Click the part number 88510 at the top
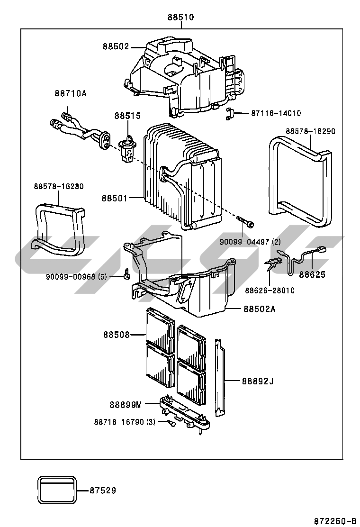180,18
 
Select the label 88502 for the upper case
116,46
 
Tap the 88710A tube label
70,93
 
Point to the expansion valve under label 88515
126,147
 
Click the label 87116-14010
276,113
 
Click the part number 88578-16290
310,131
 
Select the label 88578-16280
58,186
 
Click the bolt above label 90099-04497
245,222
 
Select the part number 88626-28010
270,290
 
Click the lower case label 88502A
260,309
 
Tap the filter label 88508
116,335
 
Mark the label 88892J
258,381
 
